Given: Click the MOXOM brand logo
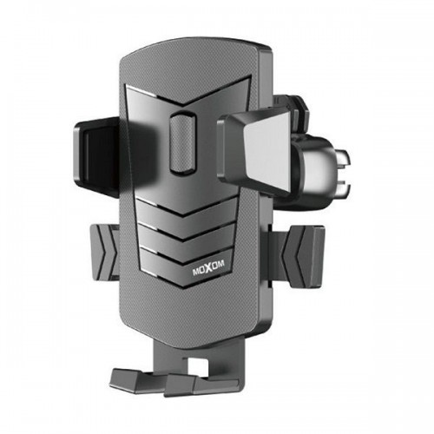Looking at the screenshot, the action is tap(208, 270).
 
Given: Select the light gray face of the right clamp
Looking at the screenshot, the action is tap(267, 150).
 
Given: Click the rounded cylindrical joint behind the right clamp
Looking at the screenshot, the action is tap(314, 171).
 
